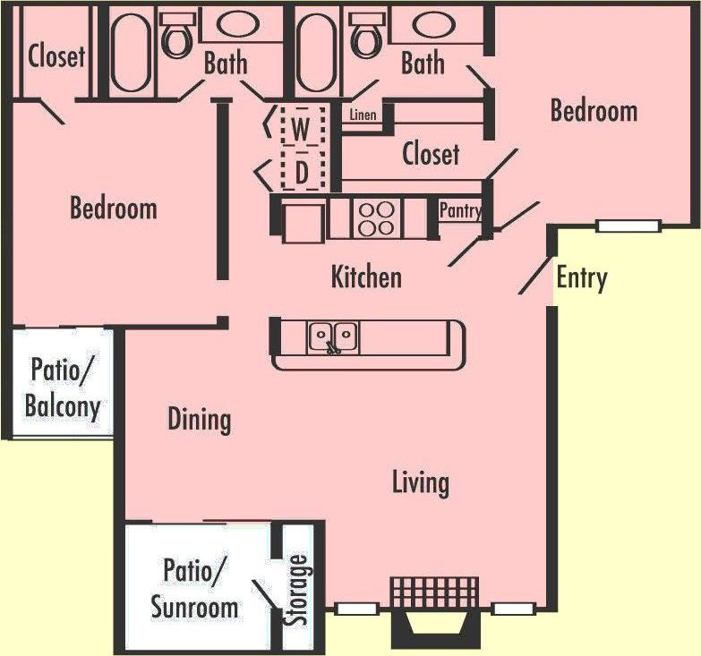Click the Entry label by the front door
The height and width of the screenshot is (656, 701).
tap(581, 278)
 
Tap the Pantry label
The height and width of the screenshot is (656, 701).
tap(460, 211)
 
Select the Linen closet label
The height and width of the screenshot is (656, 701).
tap(363, 115)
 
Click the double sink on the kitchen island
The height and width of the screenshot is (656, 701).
tap(333, 337)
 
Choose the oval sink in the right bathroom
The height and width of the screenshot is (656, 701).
tap(432, 24)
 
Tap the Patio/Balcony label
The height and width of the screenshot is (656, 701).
tap(62, 387)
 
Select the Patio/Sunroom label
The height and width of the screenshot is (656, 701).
tap(194, 588)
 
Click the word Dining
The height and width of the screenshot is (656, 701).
tap(199, 419)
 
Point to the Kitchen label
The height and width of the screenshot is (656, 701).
tap(366, 277)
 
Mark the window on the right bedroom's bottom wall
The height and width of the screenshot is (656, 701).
tap(628, 226)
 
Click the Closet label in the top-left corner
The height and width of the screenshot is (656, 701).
tap(56, 56)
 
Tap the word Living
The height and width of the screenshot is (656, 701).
tap(420, 482)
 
